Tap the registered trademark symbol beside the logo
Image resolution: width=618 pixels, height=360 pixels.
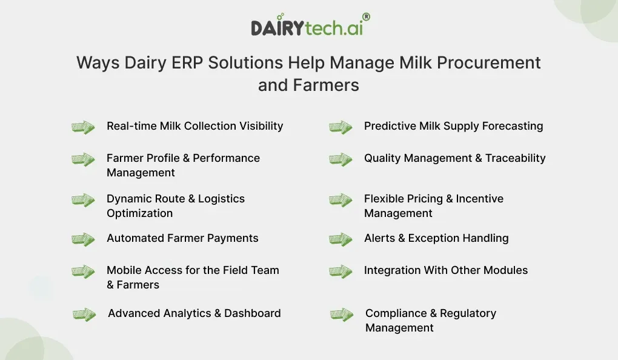point(366,18)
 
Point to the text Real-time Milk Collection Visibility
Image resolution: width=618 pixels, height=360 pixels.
point(194,126)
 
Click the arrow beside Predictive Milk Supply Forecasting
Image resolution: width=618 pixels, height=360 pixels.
point(341,127)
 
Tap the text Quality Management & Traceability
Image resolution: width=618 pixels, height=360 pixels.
point(454,158)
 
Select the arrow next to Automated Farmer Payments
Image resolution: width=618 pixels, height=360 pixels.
point(83,239)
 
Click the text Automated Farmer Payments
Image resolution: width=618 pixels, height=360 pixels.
point(182,238)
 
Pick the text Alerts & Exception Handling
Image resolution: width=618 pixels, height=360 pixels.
point(436,238)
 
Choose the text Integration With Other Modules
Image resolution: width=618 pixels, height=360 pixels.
point(445,270)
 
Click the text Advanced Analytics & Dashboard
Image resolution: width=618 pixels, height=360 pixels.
point(194,313)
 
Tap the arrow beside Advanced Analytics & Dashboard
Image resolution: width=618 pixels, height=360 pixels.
point(84,315)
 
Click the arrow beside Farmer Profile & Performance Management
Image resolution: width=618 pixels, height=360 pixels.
point(83,159)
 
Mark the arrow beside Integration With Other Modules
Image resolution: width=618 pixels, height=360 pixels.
point(341,272)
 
